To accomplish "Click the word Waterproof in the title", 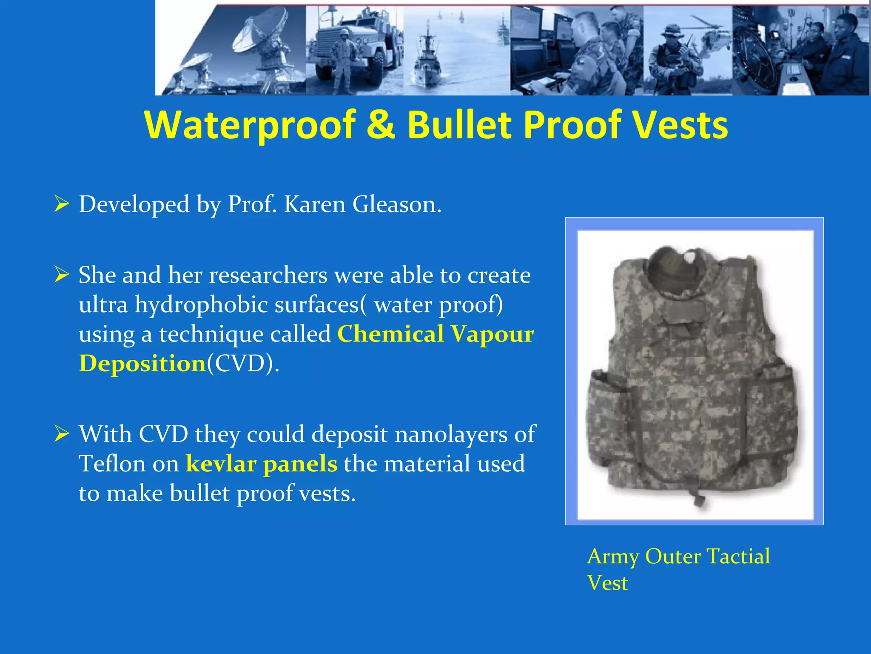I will tap(250, 125).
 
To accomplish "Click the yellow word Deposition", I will tap(142, 364).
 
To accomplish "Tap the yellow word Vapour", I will tap(492, 334).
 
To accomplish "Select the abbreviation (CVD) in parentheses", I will tap(242, 364).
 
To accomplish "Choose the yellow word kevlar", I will tap(221, 464).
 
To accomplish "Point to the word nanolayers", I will tap(451, 434).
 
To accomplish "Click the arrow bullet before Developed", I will tap(62, 204).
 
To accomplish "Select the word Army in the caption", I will tap(612, 556).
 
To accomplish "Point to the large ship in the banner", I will tap(427, 60).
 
